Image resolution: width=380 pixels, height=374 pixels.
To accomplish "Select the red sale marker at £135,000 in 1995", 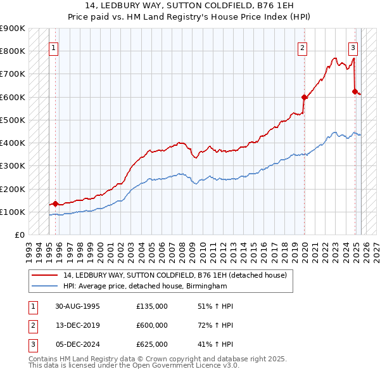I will pos(55,204).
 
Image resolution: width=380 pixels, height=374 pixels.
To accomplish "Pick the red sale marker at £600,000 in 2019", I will pos(305,97).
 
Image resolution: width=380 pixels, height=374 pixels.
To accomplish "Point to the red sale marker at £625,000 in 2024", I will pos(355,91).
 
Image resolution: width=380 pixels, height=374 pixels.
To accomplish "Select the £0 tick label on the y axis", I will pos(19,235).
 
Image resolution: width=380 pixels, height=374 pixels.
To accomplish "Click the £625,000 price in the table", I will pos(152,344).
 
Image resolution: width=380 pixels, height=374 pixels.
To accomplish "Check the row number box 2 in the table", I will pos(32,325).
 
